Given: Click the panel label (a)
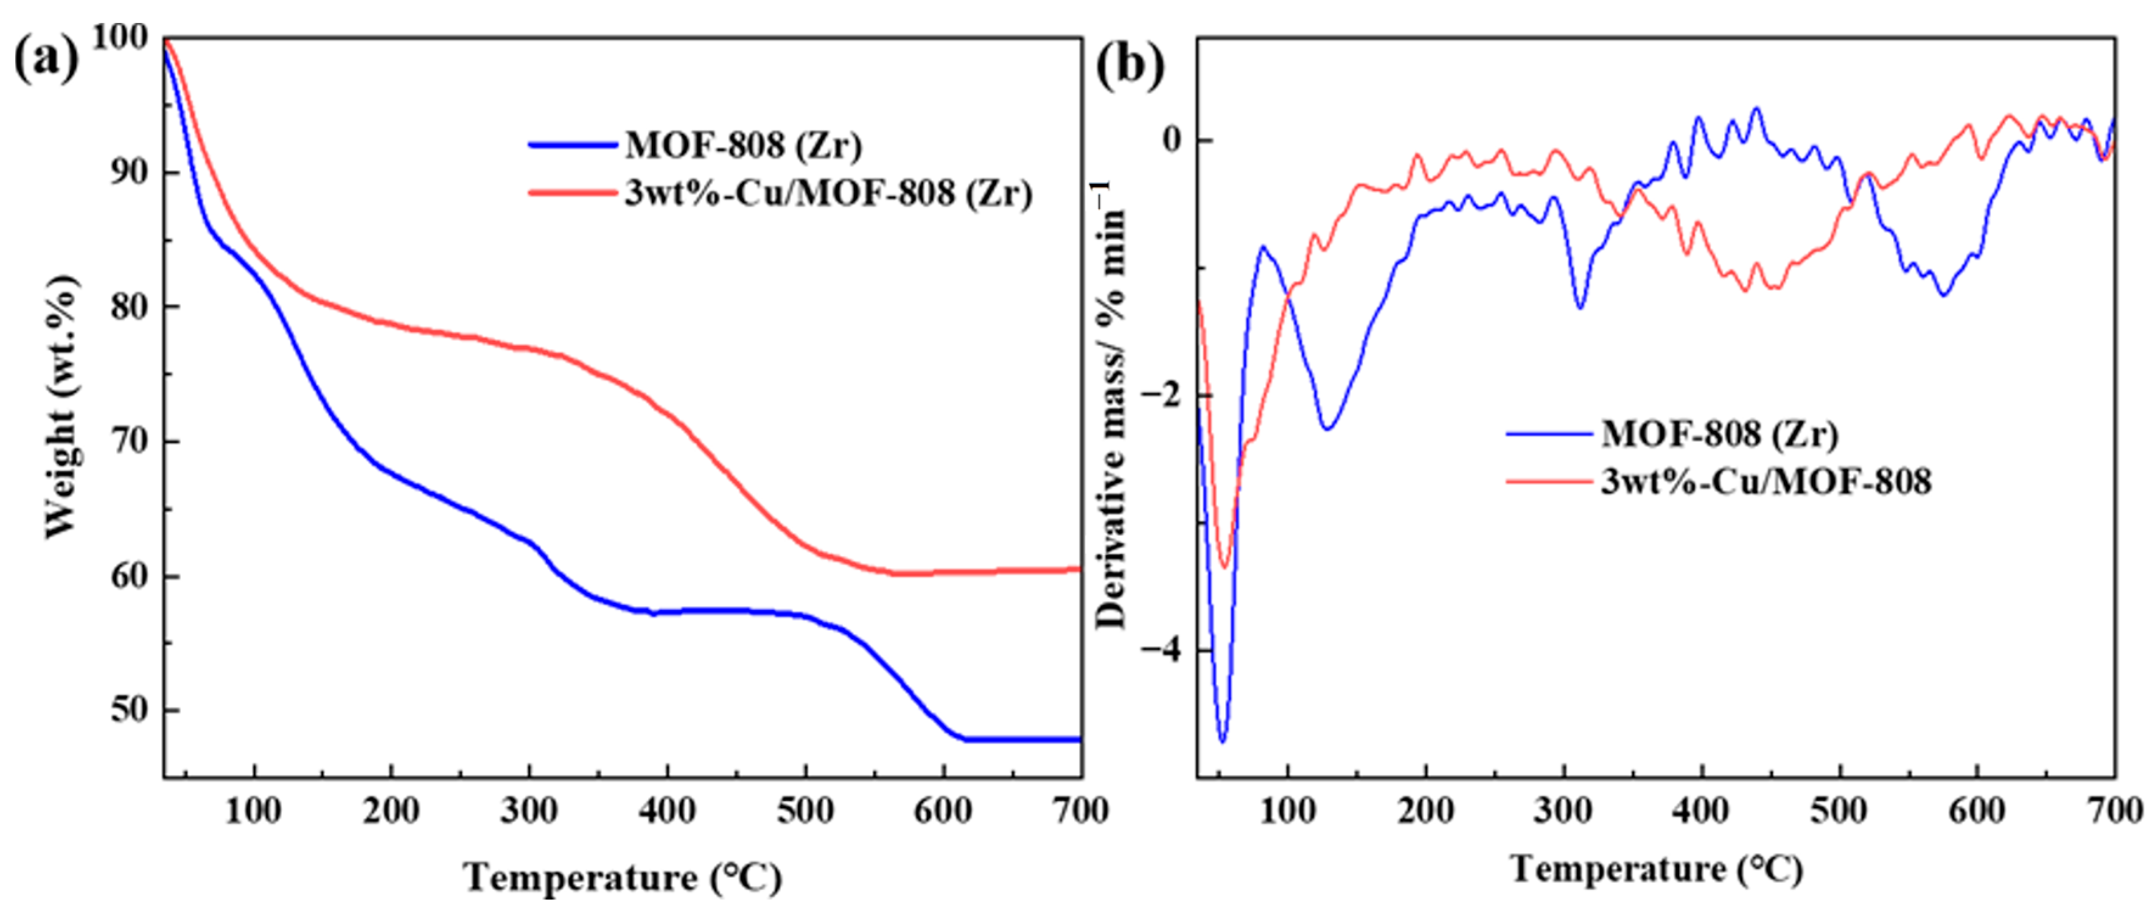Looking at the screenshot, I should (46, 60).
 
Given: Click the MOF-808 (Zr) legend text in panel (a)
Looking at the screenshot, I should (743, 145).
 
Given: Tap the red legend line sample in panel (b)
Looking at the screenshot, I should (1548, 481).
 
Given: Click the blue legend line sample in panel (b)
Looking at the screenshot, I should (1548, 433).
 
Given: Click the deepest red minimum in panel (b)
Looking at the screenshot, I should (1224, 567).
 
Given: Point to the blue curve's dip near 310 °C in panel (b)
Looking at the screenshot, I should (1579, 307).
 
